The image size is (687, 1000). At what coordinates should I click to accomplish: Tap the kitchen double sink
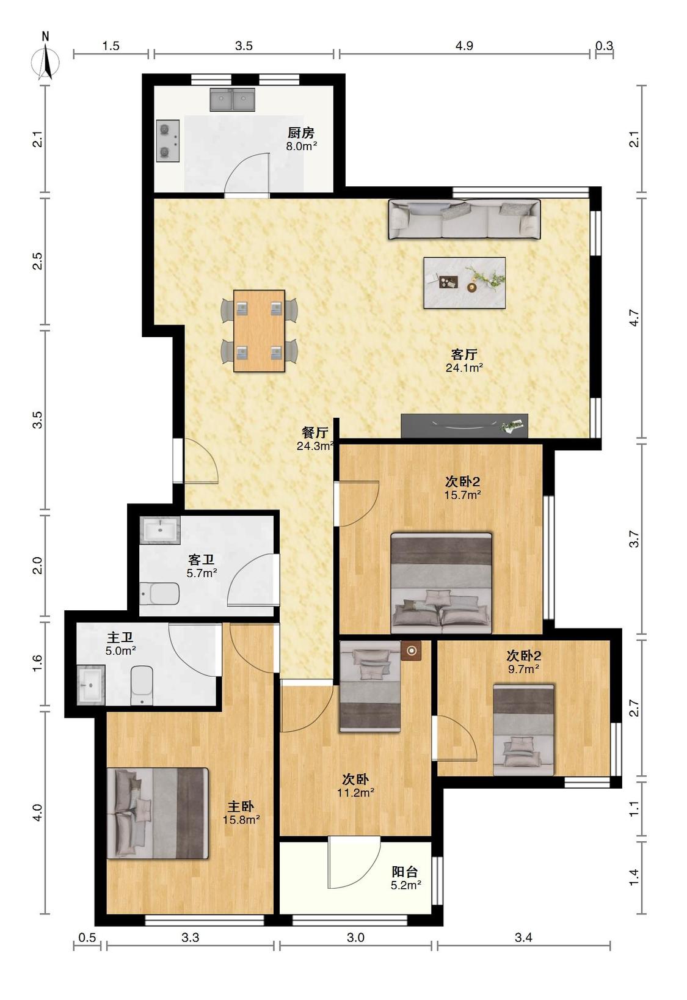click(233, 99)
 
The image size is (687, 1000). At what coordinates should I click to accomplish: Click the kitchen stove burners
click(168, 141)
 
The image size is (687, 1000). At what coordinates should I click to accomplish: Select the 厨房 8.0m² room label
click(301, 139)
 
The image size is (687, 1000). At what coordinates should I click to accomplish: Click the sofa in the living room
click(464, 219)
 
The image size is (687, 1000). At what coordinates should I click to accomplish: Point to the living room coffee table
click(464, 282)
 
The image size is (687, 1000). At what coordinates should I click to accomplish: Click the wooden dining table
click(260, 330)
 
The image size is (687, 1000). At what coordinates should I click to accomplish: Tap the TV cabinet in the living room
click(464, 425)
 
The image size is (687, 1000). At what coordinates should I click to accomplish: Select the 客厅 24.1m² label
click(464, 360)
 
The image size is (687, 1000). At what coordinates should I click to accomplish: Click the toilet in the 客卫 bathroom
click(159, 593)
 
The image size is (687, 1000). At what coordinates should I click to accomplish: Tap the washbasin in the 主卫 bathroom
click(91, 684)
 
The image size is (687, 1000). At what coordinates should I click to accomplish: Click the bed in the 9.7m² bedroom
click(523, 729)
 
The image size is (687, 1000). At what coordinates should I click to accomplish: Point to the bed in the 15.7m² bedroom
click(441, 583)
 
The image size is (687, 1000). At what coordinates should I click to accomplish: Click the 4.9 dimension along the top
click(464, 46)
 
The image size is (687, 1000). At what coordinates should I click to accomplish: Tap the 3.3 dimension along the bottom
click(190, 938)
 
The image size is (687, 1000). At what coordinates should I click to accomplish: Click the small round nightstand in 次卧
click(412, 651)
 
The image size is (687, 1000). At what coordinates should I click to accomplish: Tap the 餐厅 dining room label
click(314, 432)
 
